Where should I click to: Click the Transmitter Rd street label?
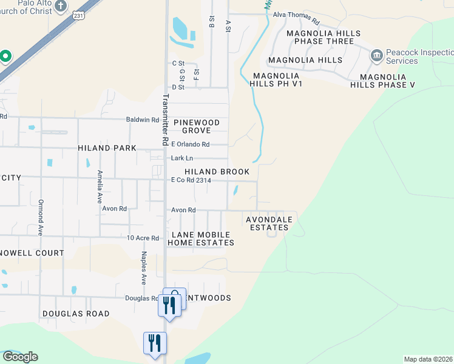(x=164, y=120)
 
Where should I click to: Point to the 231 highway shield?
(x=78, y=17)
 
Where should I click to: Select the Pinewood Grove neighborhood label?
(x=196, y=126)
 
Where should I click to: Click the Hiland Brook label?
(x=217, y=172)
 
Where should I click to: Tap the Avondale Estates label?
(x=269, y=223)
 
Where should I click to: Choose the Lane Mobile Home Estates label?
(x=202, y=238)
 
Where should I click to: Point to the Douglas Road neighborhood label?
(x=76, y=314)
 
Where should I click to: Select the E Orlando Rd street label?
(x=190, y=144)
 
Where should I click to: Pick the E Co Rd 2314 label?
(x=191, y=180)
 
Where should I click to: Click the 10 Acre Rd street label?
(x=143, y=238)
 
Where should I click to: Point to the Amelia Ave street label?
(x=100, y=187)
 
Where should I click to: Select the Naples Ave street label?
(x=144, y=268)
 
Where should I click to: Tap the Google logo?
(x=20, y=356)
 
